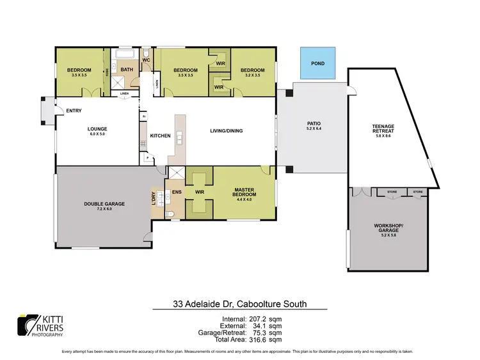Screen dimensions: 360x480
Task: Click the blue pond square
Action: point(317,63)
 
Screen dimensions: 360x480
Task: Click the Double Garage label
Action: point(104,205)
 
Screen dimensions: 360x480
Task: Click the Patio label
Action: point(314,125)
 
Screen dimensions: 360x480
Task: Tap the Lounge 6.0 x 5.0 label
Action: point(97,131)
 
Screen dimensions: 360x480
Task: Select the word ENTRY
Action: point(74,111)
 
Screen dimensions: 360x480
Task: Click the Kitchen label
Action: point(159,136)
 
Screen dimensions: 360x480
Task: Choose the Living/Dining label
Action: point(227,132)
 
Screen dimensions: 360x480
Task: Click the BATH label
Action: point(127,70)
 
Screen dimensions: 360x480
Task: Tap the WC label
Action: point(146,60)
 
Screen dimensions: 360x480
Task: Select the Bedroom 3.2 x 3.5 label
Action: point(252,72)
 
